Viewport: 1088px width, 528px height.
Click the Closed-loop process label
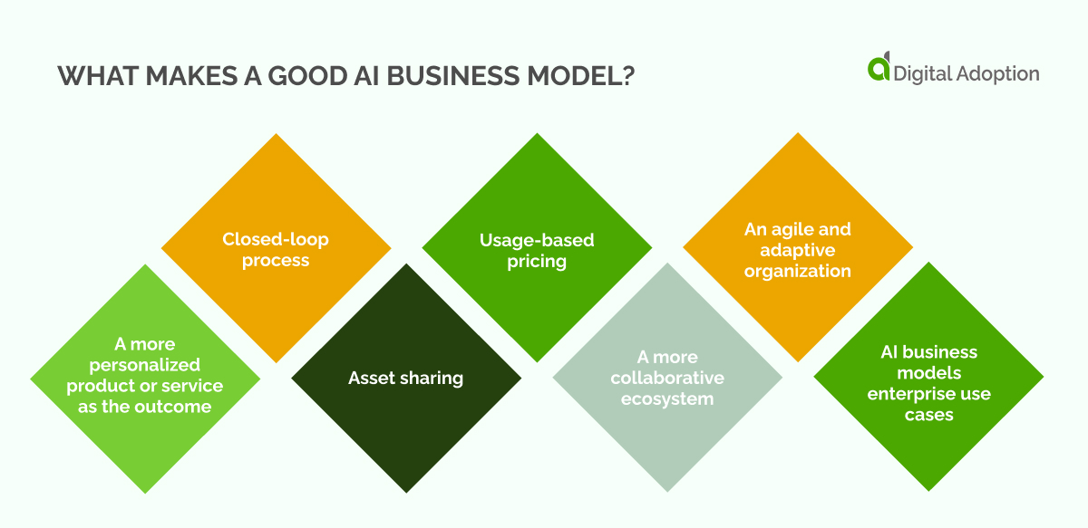[276, 250]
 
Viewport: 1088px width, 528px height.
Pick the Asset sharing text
[405, 378]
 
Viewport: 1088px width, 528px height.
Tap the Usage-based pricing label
[537, 251]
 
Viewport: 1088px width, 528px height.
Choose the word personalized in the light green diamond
[144, 365]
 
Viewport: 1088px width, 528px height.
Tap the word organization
[798, 271]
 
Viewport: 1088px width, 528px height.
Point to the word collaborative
[667, 378]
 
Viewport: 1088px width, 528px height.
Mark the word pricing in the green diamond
[537, 262]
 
